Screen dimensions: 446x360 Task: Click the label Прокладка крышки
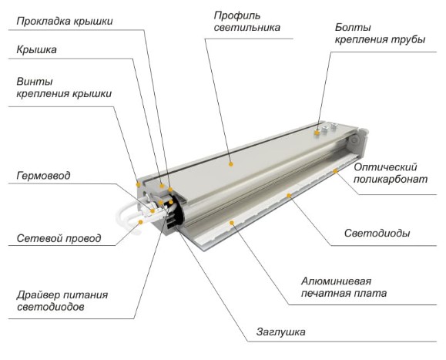point(65,22)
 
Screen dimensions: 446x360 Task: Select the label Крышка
point(36,50)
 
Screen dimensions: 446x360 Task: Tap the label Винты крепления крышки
point(64,88)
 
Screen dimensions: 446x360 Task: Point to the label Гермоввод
point(43,176)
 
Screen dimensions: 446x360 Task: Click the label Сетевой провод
point(59,238)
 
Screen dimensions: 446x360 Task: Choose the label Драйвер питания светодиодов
point(62,301)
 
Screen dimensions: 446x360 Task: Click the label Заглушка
point(280,332)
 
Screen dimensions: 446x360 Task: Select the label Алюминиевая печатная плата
point(344,287)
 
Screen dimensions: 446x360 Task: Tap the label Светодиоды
point(377,234)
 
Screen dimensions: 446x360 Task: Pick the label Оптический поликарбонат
point(391,173)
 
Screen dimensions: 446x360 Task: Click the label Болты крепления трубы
point(380,34)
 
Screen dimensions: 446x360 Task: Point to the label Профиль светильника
point(247,22)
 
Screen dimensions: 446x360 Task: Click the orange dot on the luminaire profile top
point(231,164)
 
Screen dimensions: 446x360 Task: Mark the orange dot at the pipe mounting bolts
point(317,132)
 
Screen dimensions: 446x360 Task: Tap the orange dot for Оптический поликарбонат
point(335,171)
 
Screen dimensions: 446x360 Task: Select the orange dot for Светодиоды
point(289,196)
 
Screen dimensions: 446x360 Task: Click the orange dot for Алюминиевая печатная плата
point(232,223)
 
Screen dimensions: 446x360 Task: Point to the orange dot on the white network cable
point(140,222)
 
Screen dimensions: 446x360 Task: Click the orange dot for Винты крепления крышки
point(138,184)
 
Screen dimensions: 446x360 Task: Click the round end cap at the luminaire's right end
point(354,140)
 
